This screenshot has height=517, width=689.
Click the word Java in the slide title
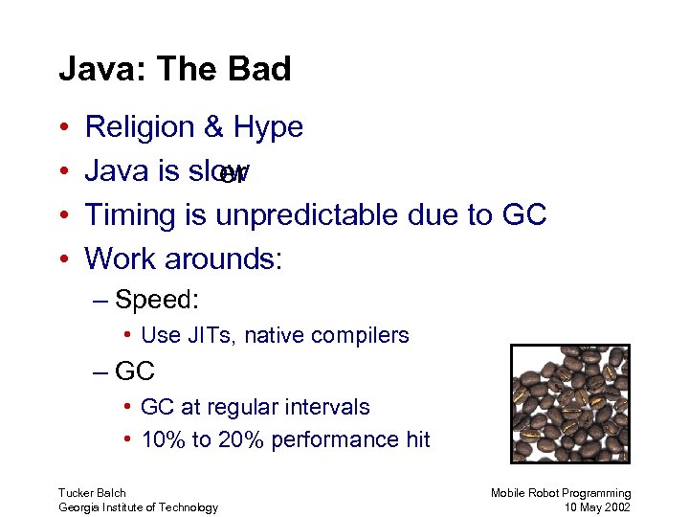point(91,69)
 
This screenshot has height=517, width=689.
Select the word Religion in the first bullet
point(139,127)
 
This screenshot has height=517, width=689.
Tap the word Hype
point(268,128)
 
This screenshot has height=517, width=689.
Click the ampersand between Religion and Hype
point(213,127)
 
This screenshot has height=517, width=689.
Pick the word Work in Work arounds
point(120,258)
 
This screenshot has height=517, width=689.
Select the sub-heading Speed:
point(156,300)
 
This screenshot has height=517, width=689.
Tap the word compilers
point(365,335)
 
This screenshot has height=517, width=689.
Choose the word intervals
point(328,407)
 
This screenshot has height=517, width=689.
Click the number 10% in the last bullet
point(160,439)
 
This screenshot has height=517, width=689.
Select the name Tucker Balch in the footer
point(92,493)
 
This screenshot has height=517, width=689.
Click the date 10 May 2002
point(598,507)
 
